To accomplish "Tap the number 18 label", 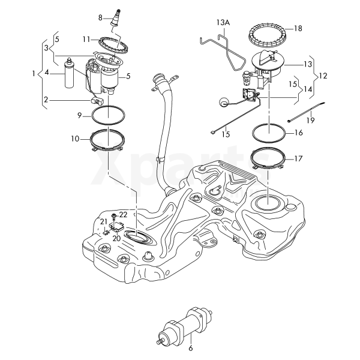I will (299, 28).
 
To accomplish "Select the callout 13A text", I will (223, 23).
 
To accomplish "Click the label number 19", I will (310, 120).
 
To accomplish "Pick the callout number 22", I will (123, 214).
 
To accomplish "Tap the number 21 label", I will (103, 222).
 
